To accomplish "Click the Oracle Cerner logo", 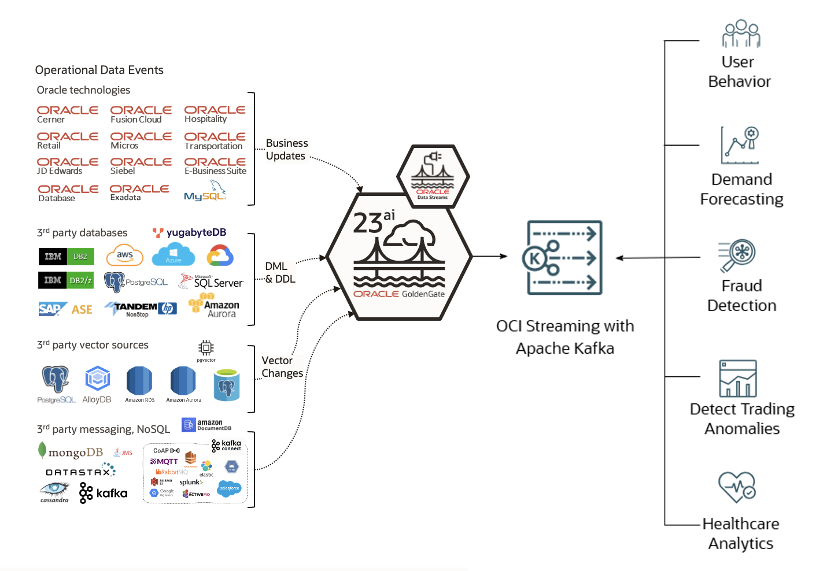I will coord(67,114).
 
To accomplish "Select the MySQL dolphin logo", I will coord(205,191).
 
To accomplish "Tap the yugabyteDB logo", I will coord(190,232).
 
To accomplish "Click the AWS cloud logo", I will coord(124,255).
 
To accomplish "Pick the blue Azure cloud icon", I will coord(173,255).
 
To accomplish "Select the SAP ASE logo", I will coord(65,309).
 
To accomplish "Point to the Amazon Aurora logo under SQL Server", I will coord(214,306).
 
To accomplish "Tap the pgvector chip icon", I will coord(206,348).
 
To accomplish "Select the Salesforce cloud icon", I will coord(230,488).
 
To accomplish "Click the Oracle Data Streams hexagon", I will coord(433,177).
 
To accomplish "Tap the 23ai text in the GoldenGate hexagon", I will coord(374,221).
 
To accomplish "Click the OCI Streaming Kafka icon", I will coord(564,258).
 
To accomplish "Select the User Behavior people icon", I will coord(740,34).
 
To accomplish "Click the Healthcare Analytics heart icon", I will coord(737,487).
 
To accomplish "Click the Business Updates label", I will coord(286,149).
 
